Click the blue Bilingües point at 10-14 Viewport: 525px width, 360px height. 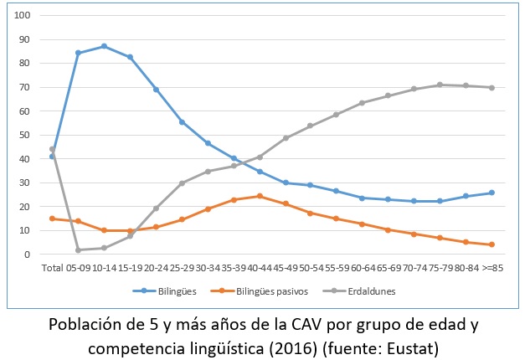point(104,46)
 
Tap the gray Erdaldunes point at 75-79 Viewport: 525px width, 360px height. point(440,85)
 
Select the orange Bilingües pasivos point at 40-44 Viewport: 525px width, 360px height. point(260,197)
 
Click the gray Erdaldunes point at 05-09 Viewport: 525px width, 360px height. point(78,250)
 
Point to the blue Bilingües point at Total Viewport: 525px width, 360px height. point(52,157)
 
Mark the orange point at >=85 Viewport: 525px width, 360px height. point(492,244)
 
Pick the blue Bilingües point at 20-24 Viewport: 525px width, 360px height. point(156,90)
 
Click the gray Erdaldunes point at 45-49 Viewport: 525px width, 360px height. point(286,137)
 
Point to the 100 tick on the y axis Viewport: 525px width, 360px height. point(23,16)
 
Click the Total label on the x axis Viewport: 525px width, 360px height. point(52,268)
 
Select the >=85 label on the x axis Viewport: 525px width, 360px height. point(492,268)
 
